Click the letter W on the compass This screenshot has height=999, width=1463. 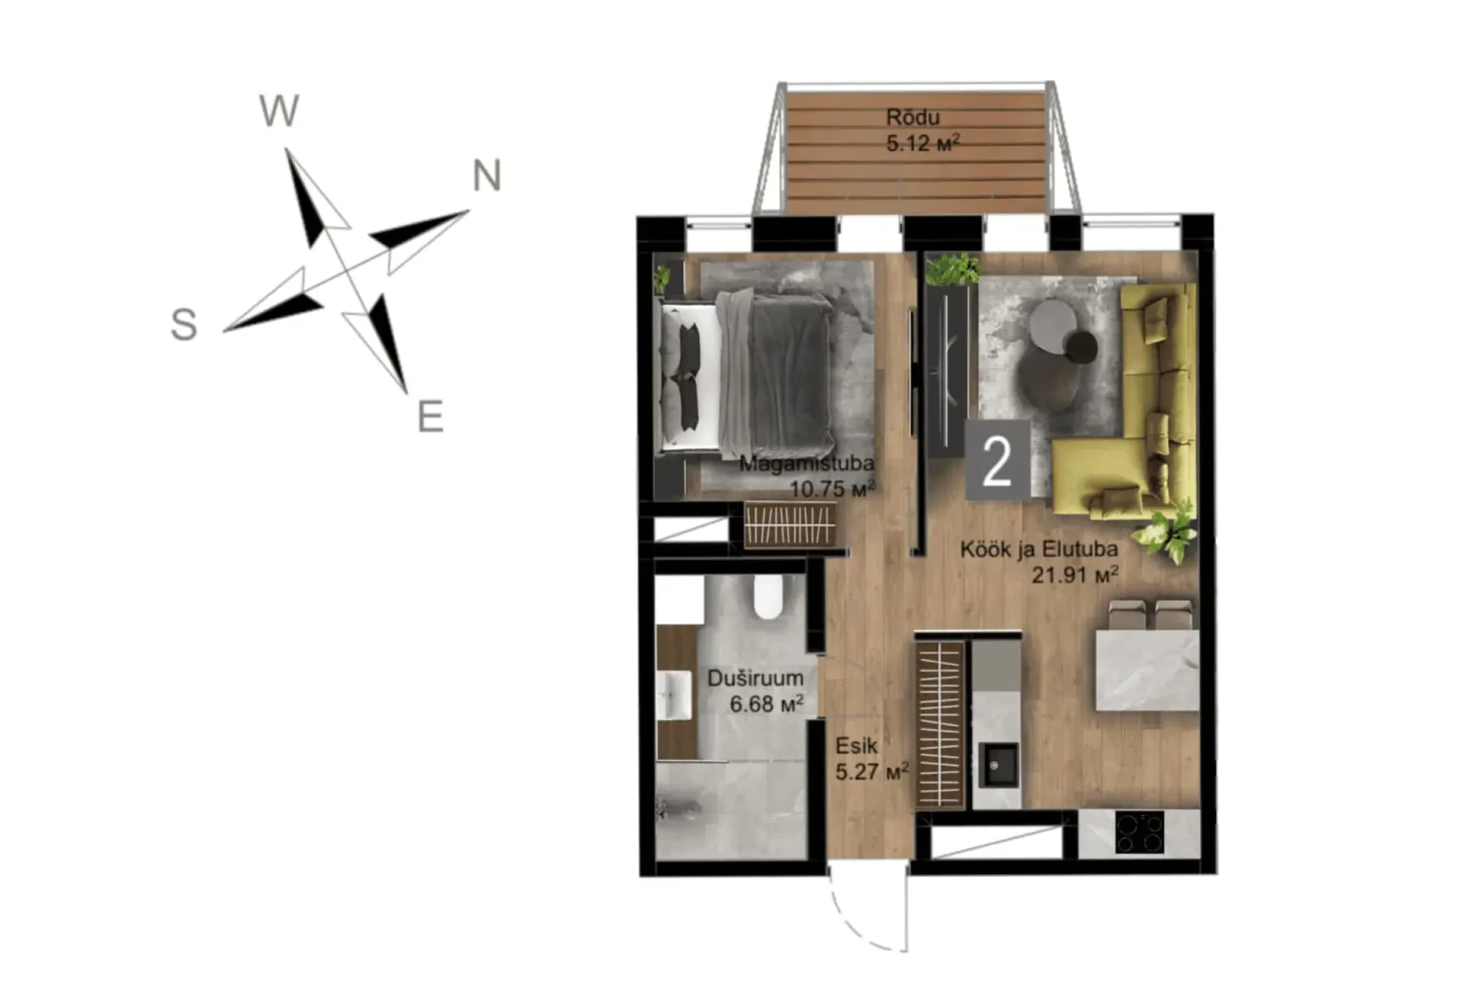tap(280, 111)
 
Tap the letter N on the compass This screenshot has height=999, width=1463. tap(487, 175)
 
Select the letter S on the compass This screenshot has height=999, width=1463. tap(184, 324)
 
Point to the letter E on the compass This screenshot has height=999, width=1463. tap(431, 417)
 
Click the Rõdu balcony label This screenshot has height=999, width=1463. tap(913, 117)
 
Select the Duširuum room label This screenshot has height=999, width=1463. tap(755, 678)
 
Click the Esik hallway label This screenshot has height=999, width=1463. tap(856, 745)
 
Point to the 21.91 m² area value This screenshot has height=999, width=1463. tap(1075, 574)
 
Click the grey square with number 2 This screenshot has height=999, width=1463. tap(997, 461)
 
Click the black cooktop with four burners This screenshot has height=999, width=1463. tap(1140, 831)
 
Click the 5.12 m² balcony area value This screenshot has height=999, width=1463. tap(923, 142)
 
